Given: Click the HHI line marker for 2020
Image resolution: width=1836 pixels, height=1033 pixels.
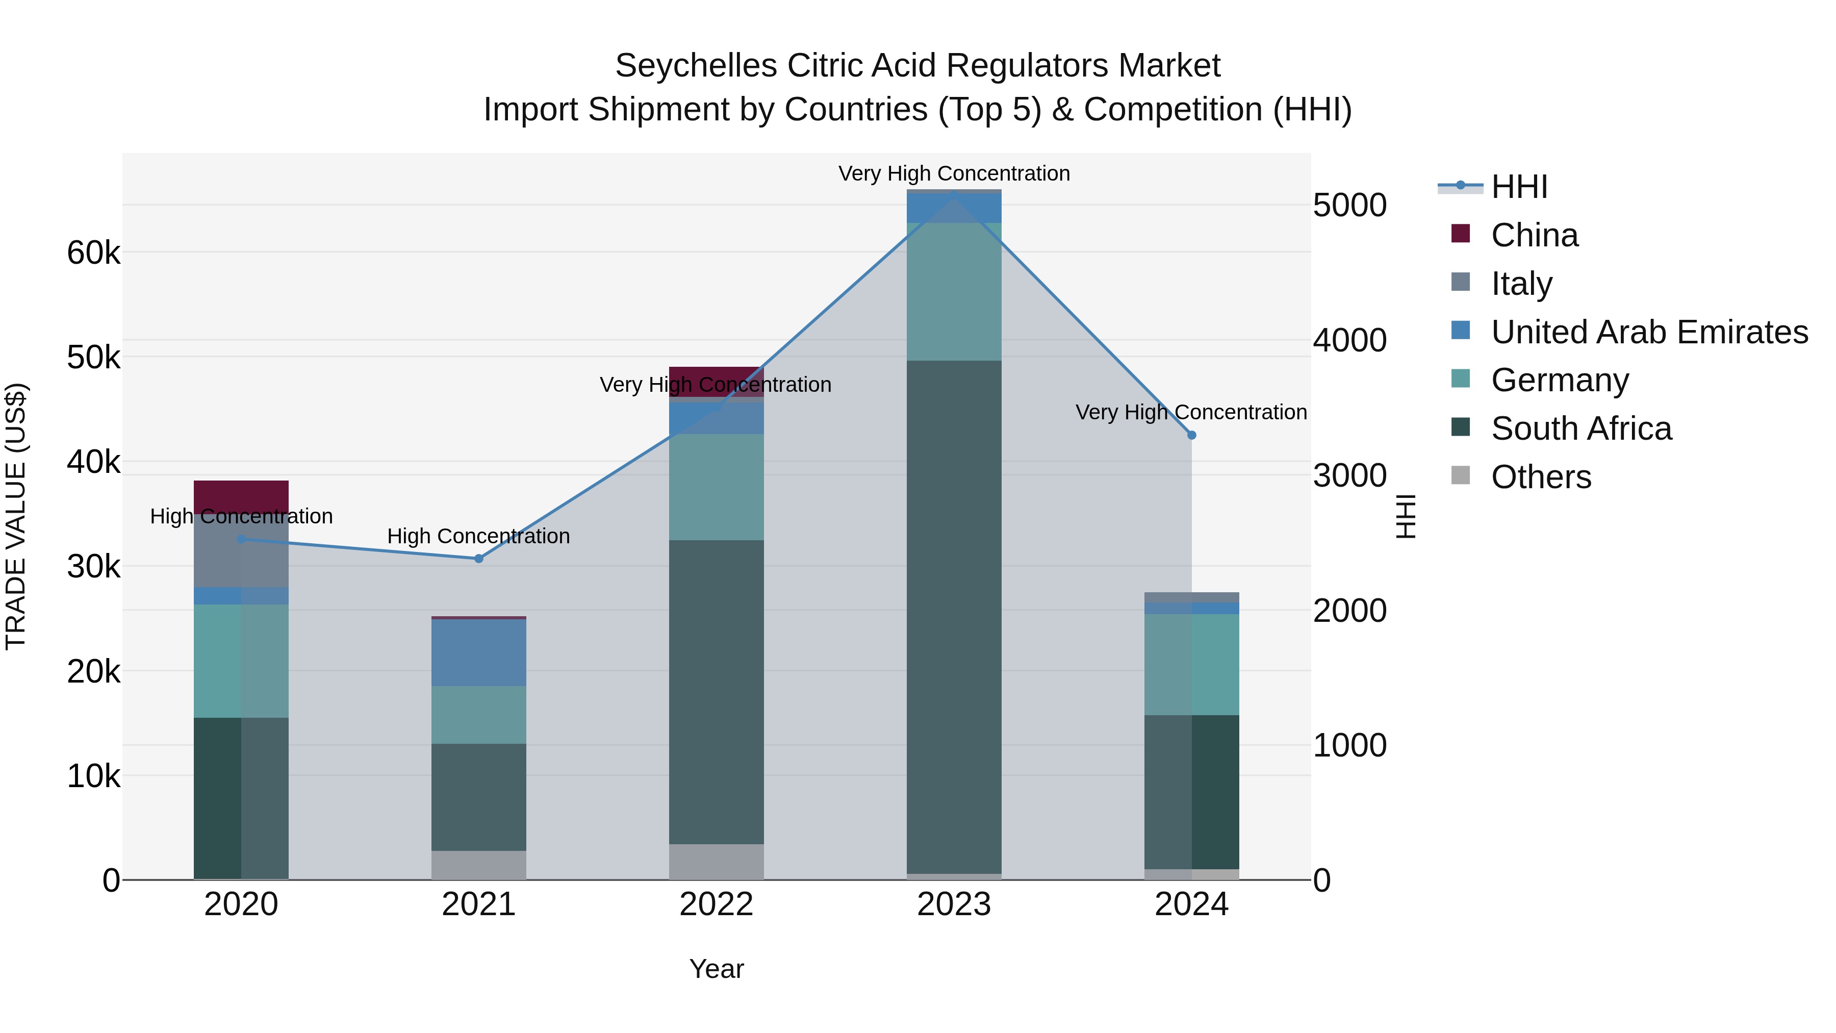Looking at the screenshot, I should [x=241, y=539].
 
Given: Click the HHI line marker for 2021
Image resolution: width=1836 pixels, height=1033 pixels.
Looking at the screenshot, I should [x=478, y=558].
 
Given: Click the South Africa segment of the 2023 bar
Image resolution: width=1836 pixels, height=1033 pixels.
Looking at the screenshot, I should [x=954, y=617].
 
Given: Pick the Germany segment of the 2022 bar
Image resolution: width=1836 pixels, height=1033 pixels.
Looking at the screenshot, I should [x=717, y=487].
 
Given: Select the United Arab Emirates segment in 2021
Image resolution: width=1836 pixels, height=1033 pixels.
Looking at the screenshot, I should [x=478, y=652].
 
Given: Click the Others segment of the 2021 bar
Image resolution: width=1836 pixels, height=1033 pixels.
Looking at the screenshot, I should [x=478, y=865].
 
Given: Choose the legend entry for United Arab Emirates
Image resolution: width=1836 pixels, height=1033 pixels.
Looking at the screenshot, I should [x=1648, y=332].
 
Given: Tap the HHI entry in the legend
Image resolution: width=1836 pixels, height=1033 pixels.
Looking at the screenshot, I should [x=1518, y=187].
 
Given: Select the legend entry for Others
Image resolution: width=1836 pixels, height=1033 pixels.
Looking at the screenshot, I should [x=1540, y=477].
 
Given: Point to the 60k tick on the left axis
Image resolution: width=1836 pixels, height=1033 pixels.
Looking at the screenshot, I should [x=93, y=253].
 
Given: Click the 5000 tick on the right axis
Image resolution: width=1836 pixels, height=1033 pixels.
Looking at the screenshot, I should [x=1349, y=205].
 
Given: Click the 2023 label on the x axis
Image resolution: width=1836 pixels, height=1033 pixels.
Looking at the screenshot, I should [x=954, y=904].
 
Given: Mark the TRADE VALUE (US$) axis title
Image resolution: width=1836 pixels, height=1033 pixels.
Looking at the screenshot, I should [x=16, y=516].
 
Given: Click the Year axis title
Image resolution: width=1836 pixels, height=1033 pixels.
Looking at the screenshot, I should [x=717, y=969].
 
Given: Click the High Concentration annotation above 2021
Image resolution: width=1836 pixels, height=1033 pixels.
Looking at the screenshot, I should [x=478, y=536].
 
